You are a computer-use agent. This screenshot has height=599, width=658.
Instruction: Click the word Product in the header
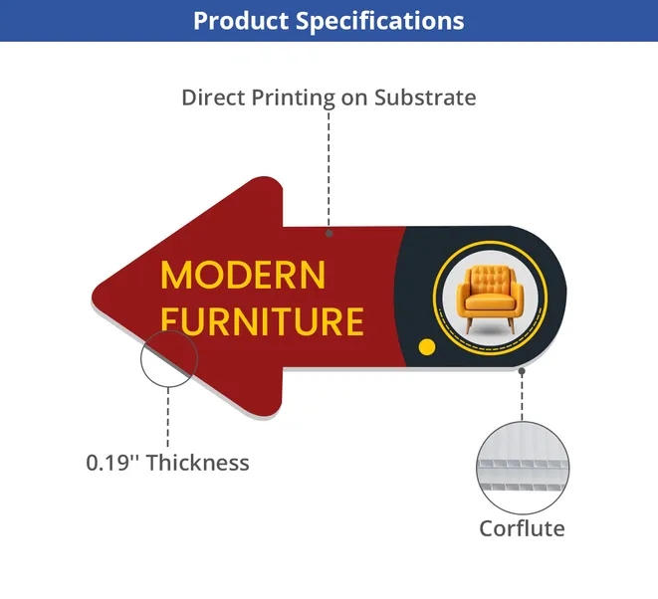point(241,20)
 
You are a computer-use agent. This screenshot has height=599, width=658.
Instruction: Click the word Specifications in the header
point(380,21)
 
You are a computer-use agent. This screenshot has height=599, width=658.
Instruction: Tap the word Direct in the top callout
point(213,98)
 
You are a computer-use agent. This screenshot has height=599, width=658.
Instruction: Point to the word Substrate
point(425,98)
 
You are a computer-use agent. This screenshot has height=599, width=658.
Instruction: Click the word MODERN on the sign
point(243,276)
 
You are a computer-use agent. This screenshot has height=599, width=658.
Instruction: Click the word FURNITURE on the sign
point(262,321)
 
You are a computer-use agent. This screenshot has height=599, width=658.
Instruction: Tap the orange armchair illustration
point(490,298)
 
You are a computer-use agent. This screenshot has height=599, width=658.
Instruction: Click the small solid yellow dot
point(427,347)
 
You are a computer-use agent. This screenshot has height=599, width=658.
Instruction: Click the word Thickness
point(198,463)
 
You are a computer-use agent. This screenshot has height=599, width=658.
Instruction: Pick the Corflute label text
point(522,528)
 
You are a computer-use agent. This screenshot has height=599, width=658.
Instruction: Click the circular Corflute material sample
point(523,468)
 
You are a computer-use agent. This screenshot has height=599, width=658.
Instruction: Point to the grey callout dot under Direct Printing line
point(329,233)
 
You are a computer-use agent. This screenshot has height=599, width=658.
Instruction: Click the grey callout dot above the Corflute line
point(522,371)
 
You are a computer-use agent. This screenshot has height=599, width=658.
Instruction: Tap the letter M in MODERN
point(174,276)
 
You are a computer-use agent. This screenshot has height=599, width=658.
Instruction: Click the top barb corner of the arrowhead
point(269,179)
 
